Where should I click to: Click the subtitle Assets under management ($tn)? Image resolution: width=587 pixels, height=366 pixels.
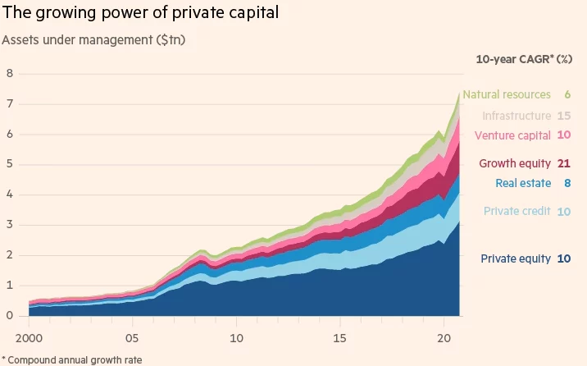(95, 39)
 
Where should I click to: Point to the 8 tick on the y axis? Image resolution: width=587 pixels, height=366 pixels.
(9, 73)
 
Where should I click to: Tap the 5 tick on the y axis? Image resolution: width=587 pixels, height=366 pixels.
(9, 164)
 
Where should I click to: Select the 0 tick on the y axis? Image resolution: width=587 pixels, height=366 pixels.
(9, 316)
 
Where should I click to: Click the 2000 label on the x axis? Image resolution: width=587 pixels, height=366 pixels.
(30, 336)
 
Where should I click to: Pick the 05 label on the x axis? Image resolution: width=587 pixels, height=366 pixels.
(131, 336)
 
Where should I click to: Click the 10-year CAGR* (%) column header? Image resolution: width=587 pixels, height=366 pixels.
(524, 59)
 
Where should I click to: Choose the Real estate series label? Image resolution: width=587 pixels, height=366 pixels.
(523, 183)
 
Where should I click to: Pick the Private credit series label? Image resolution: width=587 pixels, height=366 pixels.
(516, 211)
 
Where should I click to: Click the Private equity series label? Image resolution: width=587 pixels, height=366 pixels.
(516, 258)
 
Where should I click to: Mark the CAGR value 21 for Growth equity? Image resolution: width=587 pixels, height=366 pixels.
(564, 163)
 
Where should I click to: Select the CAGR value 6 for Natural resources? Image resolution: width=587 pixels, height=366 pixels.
(567, 94)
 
